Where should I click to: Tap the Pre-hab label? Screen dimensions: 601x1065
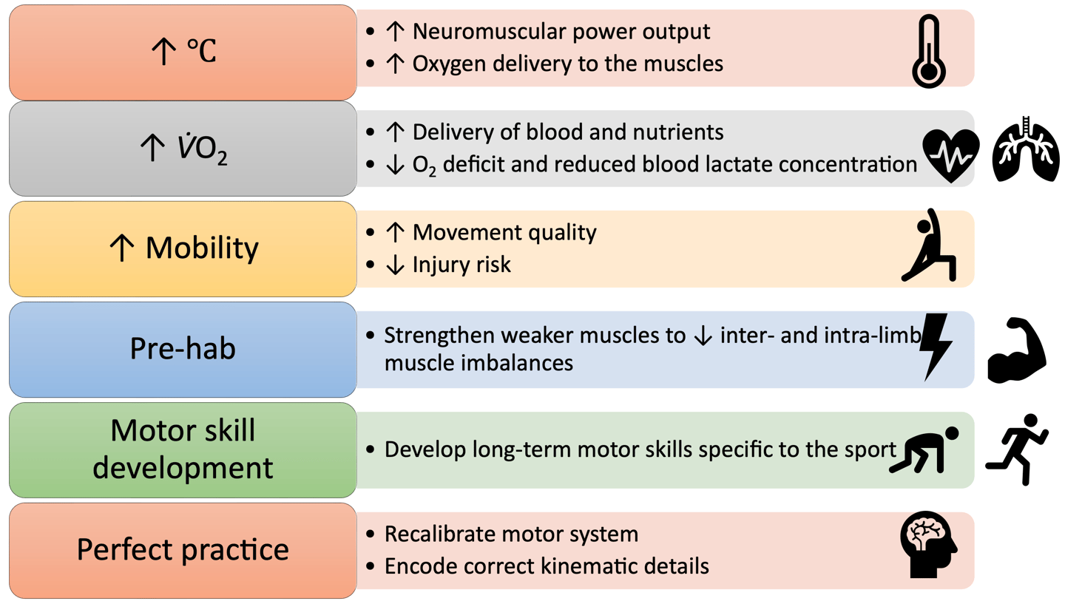click(x=183, y=348)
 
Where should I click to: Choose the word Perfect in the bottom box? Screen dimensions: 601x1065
click(x=124, y=550)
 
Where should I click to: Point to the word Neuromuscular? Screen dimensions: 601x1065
click(x=487, y=33)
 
